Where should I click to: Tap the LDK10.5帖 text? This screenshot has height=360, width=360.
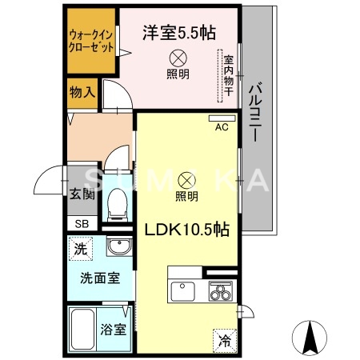coord(187,229)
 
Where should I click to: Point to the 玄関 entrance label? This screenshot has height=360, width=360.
coord(82,193)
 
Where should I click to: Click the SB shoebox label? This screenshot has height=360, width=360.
coord(82,224)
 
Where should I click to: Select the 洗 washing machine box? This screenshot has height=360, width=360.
coord(81,249)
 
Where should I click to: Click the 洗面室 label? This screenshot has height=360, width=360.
coord(99,279)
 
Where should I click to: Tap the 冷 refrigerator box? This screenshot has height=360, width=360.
coord(225,339)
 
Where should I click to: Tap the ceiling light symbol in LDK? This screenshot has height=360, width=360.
coord(186,179)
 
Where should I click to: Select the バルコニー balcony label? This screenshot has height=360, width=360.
coord(258,112)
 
